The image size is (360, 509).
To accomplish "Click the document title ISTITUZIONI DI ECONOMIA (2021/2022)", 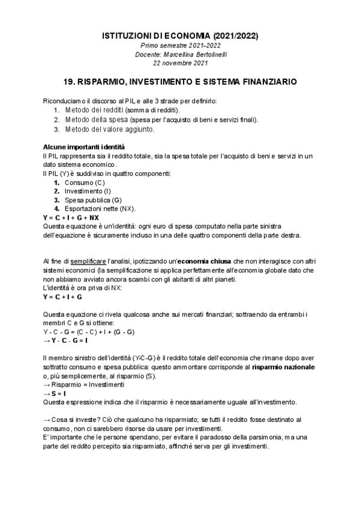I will tap(180, 37).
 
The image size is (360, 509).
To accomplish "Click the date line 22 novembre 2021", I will tap(180, 62).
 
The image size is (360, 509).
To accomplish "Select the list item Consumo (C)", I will tap(85, 182).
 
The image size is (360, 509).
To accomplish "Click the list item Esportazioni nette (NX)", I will tap(100, 208).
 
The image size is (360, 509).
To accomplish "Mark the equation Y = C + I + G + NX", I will tap(71, 217).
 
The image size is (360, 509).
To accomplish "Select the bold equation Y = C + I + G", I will tap(62, 297).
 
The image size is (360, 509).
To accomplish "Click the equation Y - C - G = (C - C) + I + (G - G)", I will tap(88, 331).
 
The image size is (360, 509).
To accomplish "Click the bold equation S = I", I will tap(58, 393).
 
